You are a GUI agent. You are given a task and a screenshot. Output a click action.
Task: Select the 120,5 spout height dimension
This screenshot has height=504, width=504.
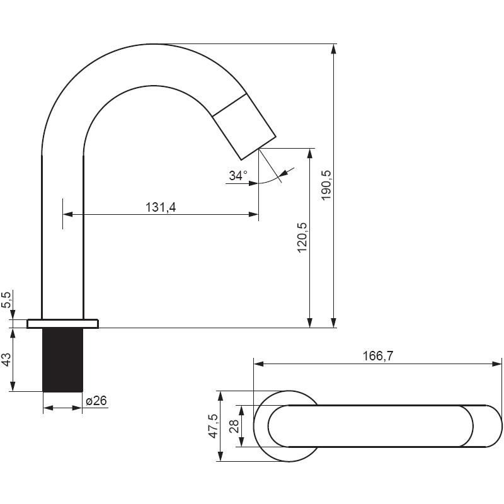pyautogui.click(x=302, y=238)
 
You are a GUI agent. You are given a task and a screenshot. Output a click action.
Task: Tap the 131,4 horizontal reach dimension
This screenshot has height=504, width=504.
pyautogui.click(x=161, y=207)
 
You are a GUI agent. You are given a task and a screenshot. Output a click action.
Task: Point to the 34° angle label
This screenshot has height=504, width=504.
pyautogui.click(x=238, y=176)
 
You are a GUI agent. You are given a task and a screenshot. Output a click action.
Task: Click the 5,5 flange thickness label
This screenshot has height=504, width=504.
pyautogui.click(x=8, y=300)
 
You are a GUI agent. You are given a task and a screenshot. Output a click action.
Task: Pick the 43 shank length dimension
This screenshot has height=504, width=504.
pyautogui.click(x=7, y=359)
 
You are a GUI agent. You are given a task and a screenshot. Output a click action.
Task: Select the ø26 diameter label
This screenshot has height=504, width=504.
pyautogui.click(x=96, y=401)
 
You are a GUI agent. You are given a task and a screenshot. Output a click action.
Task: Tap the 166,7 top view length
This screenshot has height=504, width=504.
pyautogui.click(x=378, y=356)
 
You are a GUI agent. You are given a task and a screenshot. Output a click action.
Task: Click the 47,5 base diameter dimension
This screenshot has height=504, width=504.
pyautogui.click(x=214, y=426)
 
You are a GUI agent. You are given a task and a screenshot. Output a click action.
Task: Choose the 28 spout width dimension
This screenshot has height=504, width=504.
pyautogui.click(x=234, y=426)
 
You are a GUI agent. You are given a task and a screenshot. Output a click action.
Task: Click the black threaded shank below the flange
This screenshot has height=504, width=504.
pyautogui.click(x=62, y=360)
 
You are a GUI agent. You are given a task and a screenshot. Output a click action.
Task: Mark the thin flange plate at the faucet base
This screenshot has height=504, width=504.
pyautogui.click(x=62, y=324)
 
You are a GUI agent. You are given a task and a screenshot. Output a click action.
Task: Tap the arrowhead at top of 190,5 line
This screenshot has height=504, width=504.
pyautogui.click(x=335, y=49)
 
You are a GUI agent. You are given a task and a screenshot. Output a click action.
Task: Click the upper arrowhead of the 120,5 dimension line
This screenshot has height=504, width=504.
pyautogui.click(x=310, y=153)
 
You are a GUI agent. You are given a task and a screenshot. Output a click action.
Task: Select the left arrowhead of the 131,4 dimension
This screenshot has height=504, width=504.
pyautogui.click(x=67, y=214)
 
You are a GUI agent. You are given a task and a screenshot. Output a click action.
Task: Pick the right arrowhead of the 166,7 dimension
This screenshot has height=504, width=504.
pyautogui.click(x=496, y=364)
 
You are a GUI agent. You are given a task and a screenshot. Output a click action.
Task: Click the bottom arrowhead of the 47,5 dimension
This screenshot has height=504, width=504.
pyautogui.click(x=220, y=456)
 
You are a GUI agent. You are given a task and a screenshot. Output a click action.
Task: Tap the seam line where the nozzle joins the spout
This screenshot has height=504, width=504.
pyautogui.click(x=229, y=105)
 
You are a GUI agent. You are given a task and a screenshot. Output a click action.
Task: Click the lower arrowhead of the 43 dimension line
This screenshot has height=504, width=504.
pyautogui.click(x=13, y=387)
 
